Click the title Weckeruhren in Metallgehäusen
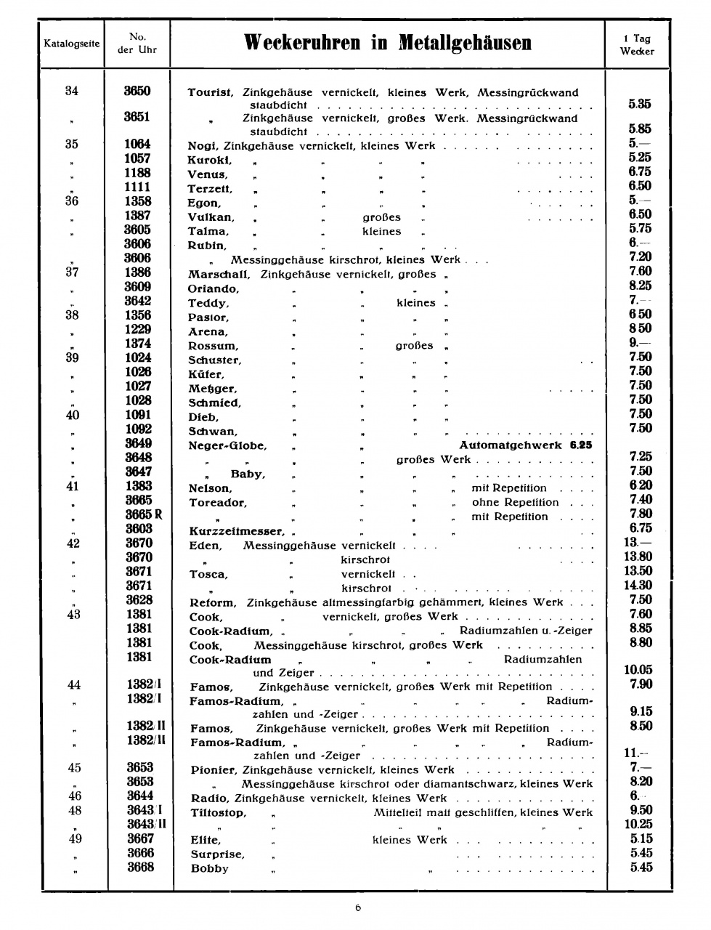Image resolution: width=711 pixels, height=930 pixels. click(x=388, y=43)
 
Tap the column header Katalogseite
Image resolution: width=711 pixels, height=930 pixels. click(x=71, y=44)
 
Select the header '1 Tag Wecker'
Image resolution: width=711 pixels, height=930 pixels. click(x=637, y=45)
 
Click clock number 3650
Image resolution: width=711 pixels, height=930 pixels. click(x=137, y=91)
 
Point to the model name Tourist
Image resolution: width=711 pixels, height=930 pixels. click(x=210, y=93)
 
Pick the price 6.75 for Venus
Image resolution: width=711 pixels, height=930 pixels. click(x=640, y=171)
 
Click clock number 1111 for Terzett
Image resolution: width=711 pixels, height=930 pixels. click(x=137, y=187)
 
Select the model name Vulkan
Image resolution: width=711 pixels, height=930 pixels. click(x=211, y=217)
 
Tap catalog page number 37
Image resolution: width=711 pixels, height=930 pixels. click(x=71, y=272)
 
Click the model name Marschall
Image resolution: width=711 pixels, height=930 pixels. click(x=219, y=275)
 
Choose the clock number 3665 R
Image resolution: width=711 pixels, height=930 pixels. click(x=143, y=514)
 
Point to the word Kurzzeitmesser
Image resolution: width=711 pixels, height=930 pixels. click(x=235, y=531)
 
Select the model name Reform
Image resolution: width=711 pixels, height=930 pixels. click(x=212, y=602)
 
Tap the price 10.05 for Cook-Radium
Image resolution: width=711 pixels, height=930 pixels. click(x=638, y=670)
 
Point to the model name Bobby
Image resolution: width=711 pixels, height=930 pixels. click(x=209, y=868)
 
